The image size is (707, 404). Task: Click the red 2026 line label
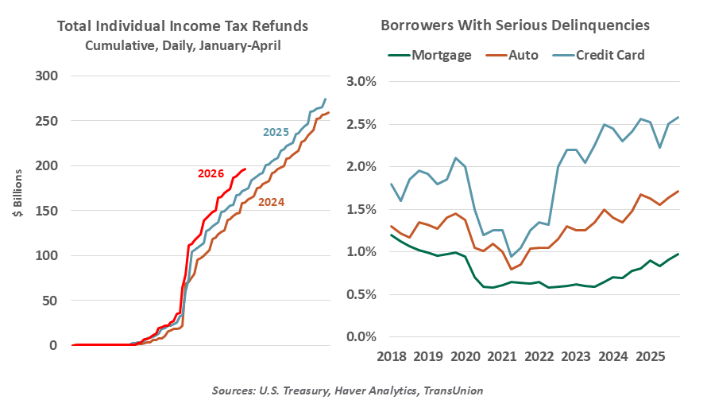tap(211, 173)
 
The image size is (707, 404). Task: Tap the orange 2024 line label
tap(272, 202)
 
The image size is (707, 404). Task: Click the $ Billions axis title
tap(17, 211)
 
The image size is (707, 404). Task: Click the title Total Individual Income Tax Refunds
tap(183, 26)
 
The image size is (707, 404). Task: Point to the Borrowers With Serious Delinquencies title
tap(516, 25)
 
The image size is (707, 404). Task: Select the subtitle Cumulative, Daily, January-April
tap(183, 46)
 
